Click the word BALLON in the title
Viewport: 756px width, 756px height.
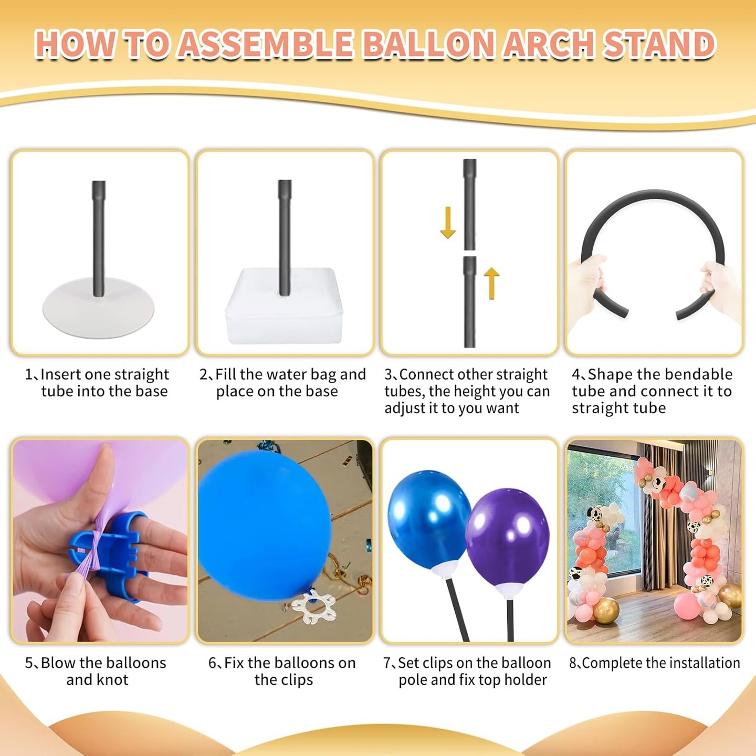428,44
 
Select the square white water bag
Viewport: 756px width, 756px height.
285,307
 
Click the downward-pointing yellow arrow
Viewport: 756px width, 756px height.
448,223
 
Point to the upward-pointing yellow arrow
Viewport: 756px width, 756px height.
491,283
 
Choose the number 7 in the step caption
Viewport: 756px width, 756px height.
387,663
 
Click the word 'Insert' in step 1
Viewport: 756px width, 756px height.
60,374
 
